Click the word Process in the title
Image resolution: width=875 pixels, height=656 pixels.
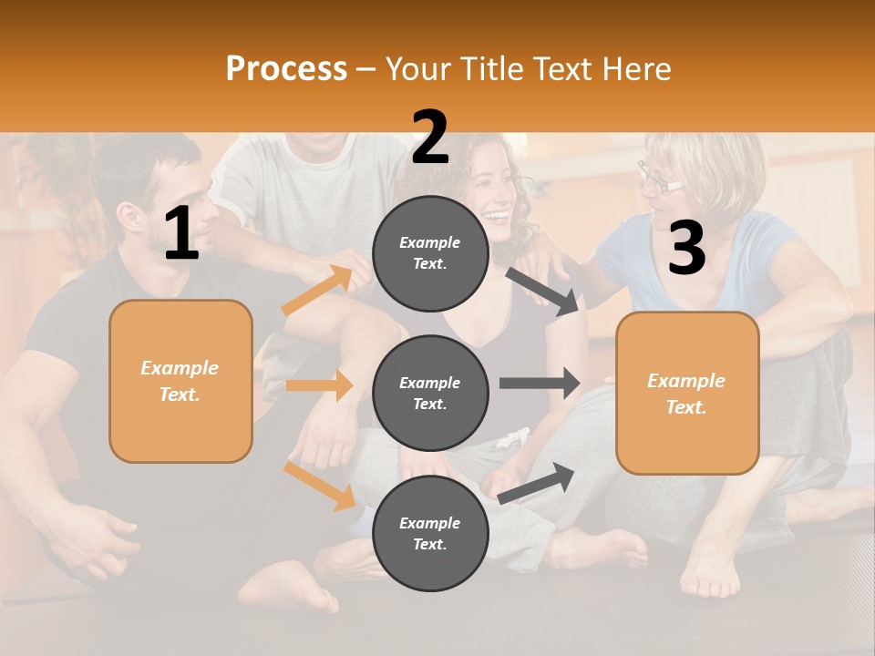[286, 69]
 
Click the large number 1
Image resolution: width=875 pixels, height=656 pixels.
[181, 235]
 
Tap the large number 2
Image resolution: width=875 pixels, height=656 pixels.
[430, 138]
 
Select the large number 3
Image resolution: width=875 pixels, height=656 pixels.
[686, 249]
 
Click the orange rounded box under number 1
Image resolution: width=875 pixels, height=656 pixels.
[180, 381]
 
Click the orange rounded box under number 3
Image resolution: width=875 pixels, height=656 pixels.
[687, 394]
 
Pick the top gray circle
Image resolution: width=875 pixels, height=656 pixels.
[430, 253]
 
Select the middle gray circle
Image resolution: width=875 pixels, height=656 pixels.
[430, 394]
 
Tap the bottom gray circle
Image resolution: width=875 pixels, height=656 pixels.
[430, 534]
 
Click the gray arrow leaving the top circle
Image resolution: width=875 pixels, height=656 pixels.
[543, 291]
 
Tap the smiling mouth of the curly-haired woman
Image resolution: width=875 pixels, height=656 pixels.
[496, 217]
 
